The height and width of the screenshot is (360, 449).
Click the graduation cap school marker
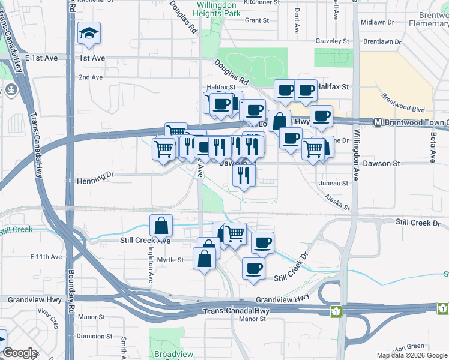[x=89, y=34]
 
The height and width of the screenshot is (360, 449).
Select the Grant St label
[x=257, y=20]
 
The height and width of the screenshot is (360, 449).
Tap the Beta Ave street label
[x=432, y=148]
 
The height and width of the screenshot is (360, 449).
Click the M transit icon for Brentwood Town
[x=378, y=122]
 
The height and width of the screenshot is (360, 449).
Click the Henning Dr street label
[x=95, y=179]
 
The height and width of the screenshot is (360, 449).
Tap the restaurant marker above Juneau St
[x=243, y=175]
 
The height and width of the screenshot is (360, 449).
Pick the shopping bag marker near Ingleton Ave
[x=161, y=226]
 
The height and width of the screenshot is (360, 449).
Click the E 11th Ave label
[x=46, y=257]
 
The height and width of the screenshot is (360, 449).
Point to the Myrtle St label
[x=170, y=260]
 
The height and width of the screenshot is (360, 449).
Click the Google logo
[x=20, y=353]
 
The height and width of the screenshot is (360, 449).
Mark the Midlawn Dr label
[x=377, y=22]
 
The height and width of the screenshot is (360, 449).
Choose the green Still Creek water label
[x=17, y=230]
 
